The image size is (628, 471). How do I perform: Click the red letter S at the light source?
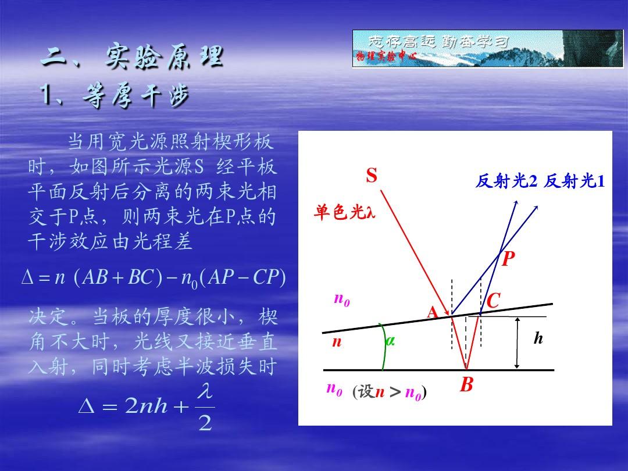tap(371, 176)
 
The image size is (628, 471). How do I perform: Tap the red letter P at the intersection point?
tap(508, 259)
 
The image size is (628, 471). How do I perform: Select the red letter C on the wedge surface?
tap(494, 301)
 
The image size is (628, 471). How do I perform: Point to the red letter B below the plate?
tap(466, 384)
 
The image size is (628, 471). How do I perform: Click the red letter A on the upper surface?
tap(433, 312)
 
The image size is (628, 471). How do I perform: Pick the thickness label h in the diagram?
tap(538, 338)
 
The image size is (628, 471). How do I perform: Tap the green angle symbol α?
tap(390, 341)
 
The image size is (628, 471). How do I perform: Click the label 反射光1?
tap(574, 181)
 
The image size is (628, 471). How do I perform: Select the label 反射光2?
tap(506, 181)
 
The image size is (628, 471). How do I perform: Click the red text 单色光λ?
tap(344, 212)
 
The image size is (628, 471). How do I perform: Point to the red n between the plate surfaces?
tap(337, 342)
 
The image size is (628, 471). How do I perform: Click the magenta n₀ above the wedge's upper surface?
tap(342, 299)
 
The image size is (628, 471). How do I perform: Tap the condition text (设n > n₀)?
tap(389, 392)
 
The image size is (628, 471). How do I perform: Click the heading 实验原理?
tap(164, 57)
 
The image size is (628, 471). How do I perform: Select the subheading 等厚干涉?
tap(135, 96)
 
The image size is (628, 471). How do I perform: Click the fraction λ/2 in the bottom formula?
tap(205, 407)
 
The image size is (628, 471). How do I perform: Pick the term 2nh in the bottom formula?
tap(146, 406)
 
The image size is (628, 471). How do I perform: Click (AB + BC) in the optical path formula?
tap(119, 277)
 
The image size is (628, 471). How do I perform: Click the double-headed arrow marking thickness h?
tap(517, 343)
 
